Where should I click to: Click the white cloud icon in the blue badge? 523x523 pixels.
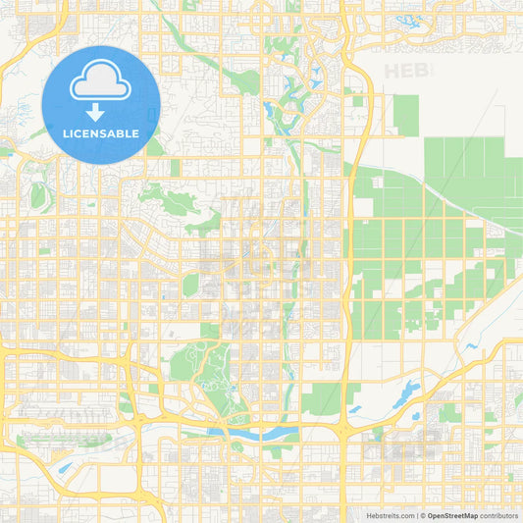tap(101, 84)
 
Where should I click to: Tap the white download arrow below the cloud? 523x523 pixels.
tap(101, 113)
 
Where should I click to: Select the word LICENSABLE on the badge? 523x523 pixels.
tap(101, 133)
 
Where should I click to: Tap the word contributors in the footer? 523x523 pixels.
tap(499, 515)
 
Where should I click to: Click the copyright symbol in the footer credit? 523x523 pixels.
tap(422, 515)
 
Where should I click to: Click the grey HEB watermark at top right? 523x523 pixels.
tap(407, 71)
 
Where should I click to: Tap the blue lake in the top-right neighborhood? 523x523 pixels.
tap(403, 19)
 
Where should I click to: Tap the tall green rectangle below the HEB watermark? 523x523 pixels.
tap(406, 115)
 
